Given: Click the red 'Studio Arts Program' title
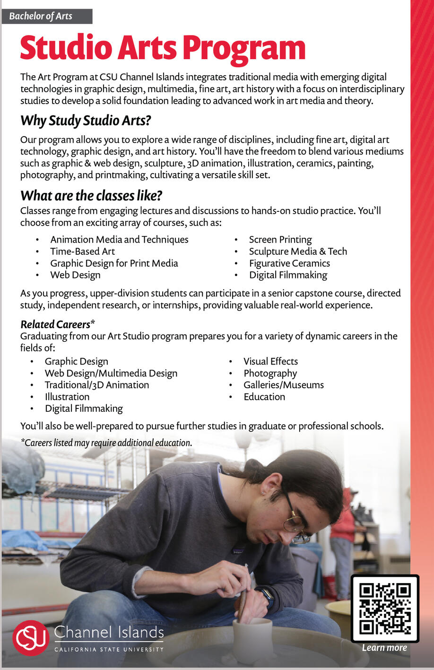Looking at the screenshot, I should pyautogui.click(x=163, y=48).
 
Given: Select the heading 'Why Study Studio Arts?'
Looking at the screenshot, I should pyautogui.click(x=86, y=121).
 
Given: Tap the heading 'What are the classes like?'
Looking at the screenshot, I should pyautogui.click(x=91, y=196).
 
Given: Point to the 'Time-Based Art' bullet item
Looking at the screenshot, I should pyautogui.click(x=82, y=252).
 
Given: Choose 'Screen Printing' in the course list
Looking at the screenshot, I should pyautogui.click(x=280, y=240).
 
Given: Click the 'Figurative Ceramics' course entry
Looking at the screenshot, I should pyautogui.click(x=289, y=263).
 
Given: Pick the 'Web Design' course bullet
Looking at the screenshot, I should pyautogui.click(x=75, y=275).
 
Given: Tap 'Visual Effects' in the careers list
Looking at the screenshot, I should pyautogui.click(x=270, y=361).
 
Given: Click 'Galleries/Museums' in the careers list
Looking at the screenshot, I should pyautogui.click(x=284, y=385).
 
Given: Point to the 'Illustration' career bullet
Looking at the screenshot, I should pyautogui.click(x=67, y=397).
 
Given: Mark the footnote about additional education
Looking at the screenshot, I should pyautogui.click(x=106, y=443).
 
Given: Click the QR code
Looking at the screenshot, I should pyautogui.click(x=385, y=608).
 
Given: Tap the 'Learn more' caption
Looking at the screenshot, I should pyautogui.click(x=384, y=648).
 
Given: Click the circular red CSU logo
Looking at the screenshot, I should pyautogui.click(x=31, y=638).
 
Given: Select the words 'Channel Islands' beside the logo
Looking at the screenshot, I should pyautogui.click(x=109, y=633).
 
